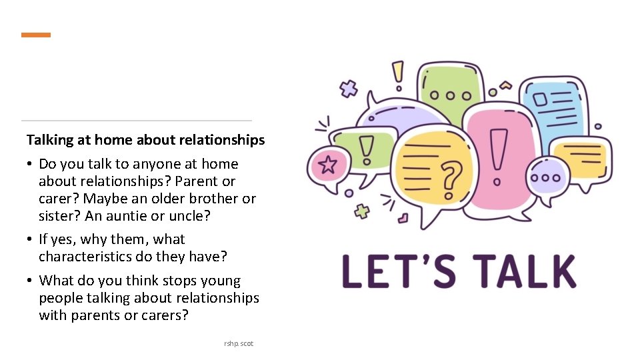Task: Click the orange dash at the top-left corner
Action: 36,35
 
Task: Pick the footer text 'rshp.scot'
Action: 239,343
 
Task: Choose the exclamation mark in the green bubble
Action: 366,149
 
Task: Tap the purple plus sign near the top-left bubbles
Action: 348,89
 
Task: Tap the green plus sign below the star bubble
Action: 362,211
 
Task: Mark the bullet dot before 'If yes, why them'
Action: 31,239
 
